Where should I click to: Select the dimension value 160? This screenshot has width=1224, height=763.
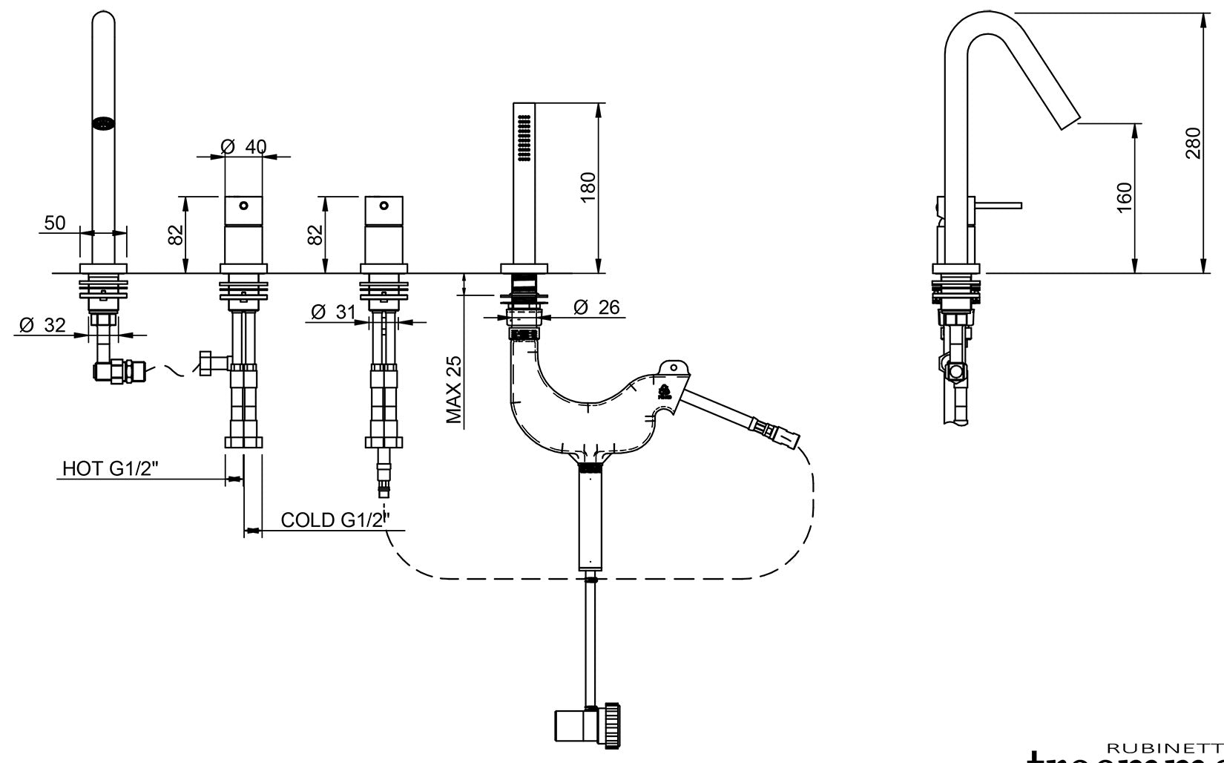[x=1124, y=197]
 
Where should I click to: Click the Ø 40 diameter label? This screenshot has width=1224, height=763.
[x=243, y=147]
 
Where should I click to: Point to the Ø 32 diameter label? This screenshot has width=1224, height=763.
[x=42, y=325]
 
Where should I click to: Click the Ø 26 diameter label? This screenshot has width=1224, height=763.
[x=596, y=307]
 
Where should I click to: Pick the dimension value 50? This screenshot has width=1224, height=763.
[x=55, y=223]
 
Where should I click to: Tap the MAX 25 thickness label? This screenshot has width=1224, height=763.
[x=454, y=390]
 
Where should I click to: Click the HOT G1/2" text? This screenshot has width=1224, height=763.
[x=111, y=469]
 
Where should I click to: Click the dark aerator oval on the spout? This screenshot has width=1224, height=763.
[x=103, y=124]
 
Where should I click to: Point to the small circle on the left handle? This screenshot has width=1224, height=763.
[x=243, y=205]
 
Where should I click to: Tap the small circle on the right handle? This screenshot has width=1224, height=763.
[x=384, y=205]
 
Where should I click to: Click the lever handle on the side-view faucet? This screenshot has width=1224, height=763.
[x=998, y=205]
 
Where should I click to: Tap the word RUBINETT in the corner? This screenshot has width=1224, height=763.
[x=1165, y=748]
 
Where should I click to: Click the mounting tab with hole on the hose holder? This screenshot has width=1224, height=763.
[x=674, y=367]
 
